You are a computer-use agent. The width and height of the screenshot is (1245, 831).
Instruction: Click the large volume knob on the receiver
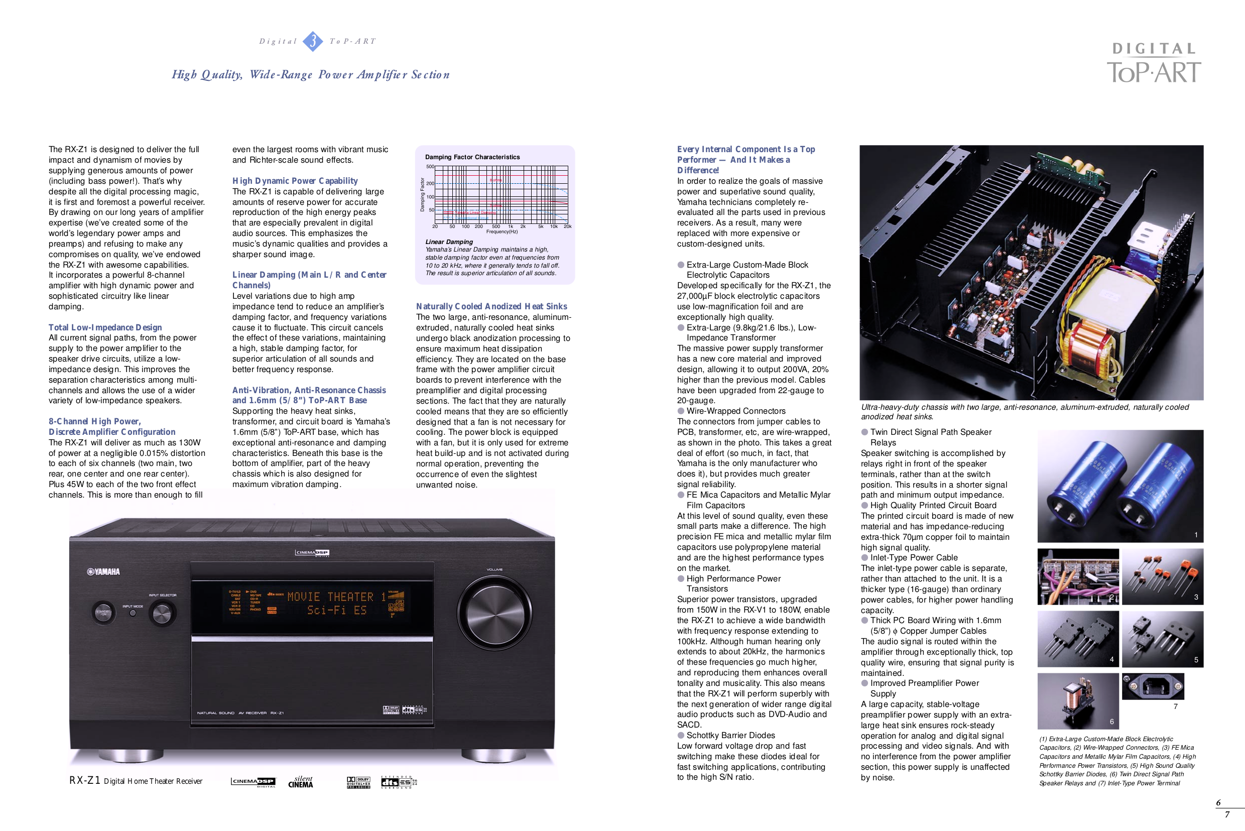pos(494,611)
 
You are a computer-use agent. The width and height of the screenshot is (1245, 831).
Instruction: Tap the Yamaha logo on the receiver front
pos(104,571)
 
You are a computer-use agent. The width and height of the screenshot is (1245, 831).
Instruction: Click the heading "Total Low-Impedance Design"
pos(105,327)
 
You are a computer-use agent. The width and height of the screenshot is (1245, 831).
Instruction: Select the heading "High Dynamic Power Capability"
pos(295,181)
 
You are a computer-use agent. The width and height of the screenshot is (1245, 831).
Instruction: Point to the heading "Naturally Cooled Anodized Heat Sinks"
pos(491,306)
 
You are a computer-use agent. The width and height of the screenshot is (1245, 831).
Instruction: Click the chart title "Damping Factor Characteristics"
pos(472,157)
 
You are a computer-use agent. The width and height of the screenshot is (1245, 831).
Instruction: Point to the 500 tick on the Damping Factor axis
pos(430,167)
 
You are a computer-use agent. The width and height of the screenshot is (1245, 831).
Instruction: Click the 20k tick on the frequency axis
pos(567,226)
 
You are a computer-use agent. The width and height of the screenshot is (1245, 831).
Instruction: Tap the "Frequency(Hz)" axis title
pos(502,231)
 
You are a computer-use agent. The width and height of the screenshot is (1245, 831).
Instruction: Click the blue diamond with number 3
pos(313,41)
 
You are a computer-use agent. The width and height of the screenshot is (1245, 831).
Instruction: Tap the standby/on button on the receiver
pos(103,613)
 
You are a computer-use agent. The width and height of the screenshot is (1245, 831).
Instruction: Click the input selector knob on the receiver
pos(162,613)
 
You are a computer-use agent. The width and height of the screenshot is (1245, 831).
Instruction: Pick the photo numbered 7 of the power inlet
pos(1152,687)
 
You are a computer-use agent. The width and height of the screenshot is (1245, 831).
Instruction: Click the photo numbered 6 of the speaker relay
pos(1078,700)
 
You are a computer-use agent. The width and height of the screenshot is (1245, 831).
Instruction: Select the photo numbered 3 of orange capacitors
pos(1162,576)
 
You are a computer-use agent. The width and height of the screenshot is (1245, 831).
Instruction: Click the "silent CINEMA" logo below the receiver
pos(301,782)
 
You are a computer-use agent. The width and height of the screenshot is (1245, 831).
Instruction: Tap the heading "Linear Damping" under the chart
pos(449,242)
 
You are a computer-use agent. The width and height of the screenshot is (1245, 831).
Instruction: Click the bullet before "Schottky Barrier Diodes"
pos(681,735)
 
